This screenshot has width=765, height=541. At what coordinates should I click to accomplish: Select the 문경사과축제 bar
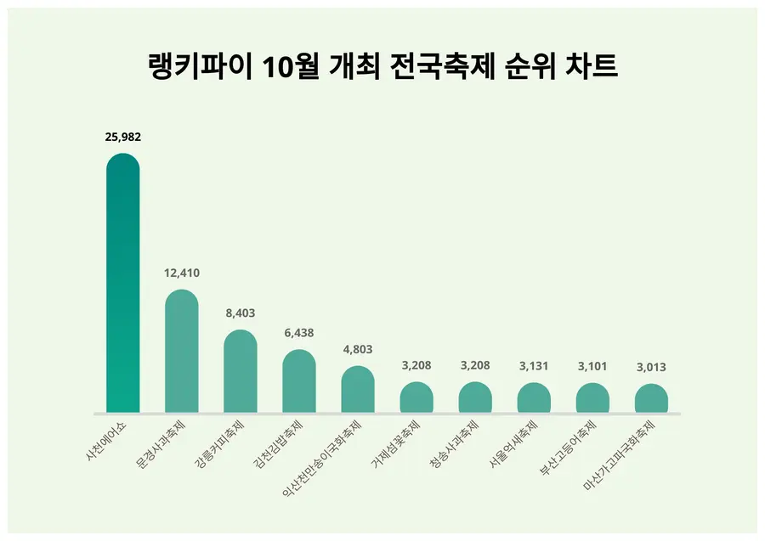(x=181, y=351)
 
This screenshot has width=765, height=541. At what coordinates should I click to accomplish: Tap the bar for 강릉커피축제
(x=240, y=371)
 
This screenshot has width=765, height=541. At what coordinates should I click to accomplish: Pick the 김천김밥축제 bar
(x=298, y=380)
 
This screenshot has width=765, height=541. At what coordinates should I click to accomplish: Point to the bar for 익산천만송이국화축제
(x=357, y=389)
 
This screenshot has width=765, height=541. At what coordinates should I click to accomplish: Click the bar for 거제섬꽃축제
(x=416, y=397)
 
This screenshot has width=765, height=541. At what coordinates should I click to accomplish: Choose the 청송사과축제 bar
(x=475, y=397)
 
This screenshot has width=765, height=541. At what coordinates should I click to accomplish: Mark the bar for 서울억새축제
(x=534, y=397)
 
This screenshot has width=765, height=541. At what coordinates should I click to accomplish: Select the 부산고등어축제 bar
(x=592, y=397)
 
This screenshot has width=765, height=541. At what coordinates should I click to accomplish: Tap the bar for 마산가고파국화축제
(x=651, y=398)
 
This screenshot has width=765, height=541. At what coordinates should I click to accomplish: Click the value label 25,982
(x=122, y=137)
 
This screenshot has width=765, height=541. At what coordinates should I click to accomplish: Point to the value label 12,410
(x=181, y=273)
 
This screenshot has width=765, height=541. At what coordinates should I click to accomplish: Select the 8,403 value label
(x=240, y=313)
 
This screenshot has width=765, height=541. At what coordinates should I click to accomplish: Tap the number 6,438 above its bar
(x=298, y=333)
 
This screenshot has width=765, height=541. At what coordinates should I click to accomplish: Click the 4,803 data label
(x=357, y=349)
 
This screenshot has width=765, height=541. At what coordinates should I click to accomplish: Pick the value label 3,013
(x=651, y=368)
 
